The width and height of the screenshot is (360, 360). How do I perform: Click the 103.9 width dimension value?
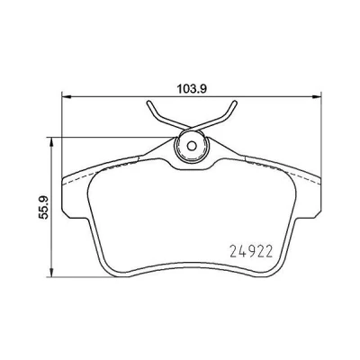191,89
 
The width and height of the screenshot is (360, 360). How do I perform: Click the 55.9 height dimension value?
44,207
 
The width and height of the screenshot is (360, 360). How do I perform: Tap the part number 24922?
251,251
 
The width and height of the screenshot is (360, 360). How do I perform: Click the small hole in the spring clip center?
192,146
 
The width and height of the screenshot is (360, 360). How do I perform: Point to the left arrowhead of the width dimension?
66,96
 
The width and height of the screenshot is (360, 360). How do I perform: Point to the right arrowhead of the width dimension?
317,96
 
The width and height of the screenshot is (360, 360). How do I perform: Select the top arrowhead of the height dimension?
52,142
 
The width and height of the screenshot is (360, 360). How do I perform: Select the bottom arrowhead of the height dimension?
52,272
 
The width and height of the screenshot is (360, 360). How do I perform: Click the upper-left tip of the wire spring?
149,103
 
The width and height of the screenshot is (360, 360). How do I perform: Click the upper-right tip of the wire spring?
234,103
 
